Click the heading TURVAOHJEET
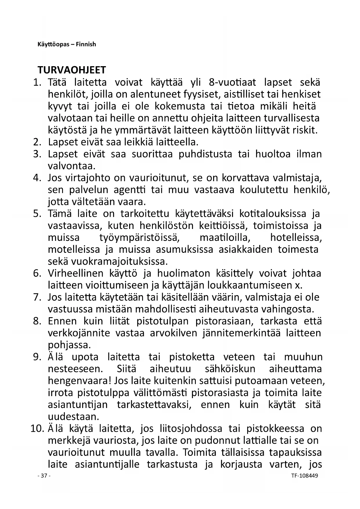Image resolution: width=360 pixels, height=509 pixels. (x=72, y=70)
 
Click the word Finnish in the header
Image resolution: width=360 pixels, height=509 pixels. (x=86, y=44)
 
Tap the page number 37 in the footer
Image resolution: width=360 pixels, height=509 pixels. (x=44, y=476)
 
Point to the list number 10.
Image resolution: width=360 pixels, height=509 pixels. (x=37, y=428)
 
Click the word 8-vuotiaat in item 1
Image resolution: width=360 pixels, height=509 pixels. (x=232, y=82)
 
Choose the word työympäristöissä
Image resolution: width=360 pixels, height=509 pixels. (x=140, y=238)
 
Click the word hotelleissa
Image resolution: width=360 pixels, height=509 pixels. (x=296, y=238)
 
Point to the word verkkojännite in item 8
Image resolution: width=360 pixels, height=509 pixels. (x=79, y=333)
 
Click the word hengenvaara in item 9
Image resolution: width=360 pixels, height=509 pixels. (x=80, y=380)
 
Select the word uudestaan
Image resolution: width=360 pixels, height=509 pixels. (x=73, y=416)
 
